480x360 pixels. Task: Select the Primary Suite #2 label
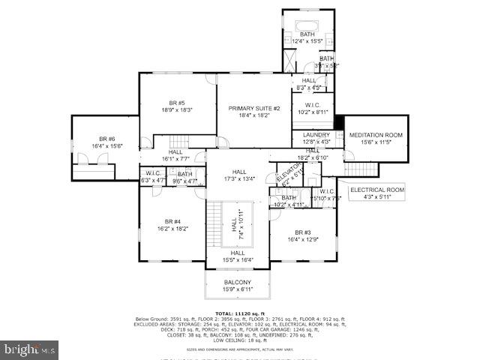pyautogui.click(x=253, y=109)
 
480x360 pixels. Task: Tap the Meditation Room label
pyautogui.click(x=376, y=135)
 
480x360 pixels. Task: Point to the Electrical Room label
pyautogui.click(x=376, y=190)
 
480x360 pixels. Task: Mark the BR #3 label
pyautogui.click(x=302, y=232)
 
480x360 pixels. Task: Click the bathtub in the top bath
pyautogui.click(x=307, y=22)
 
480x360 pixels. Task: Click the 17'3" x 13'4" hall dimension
pyautogui.click(x=239, y=178)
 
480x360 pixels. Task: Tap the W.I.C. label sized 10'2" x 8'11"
pyautogui.click(x=313, y=112)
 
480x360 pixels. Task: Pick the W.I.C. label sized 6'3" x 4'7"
pyautogui.click(x=153, y=180)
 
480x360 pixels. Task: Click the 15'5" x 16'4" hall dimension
pyautogui.click(x=238, y=259)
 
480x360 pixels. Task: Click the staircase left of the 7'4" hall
pyautogui.click(x=216, y=224)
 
